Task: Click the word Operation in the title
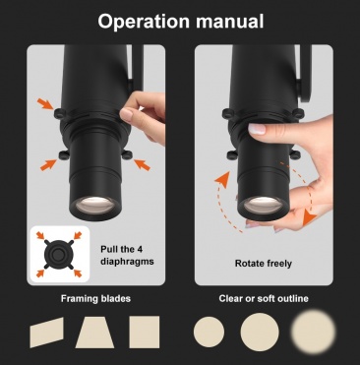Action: tap(144, 22)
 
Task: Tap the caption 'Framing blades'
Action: tap(95, 299)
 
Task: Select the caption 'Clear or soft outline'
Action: tap(264, 299)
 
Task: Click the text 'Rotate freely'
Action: tap(264, 264)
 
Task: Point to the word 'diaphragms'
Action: tap(127, 262)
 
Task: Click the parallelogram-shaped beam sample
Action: tap(47, 333)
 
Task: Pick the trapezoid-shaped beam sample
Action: tap(94, 332)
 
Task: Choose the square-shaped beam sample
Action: tap(145, 332)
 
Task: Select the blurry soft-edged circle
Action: tap(314, 332)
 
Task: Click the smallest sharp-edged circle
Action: tap(210, 332)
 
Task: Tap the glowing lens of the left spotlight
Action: tap(94, 205)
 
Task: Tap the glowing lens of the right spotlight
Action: tap(263, 205)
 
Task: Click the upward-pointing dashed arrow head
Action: tap(222, 179)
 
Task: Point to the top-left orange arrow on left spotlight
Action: tap(45, 104)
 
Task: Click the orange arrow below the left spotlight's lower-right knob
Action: tap(142, 164)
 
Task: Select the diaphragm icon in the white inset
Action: tap(58, 254)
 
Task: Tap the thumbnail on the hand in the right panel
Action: tap(257, 129)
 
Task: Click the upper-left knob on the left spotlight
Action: tap(60, 113)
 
